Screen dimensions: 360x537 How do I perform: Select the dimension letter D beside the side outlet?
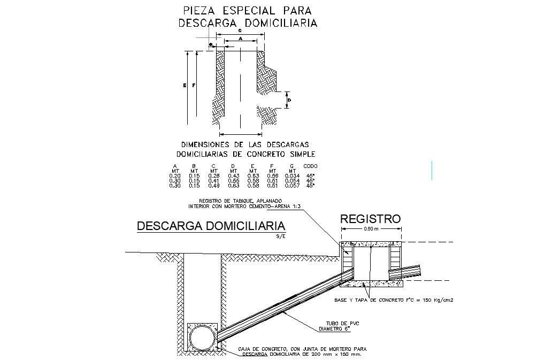pyautogui.click(x=289, y=100)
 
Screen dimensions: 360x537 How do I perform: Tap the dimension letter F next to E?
pyautogui.click(x=194, y=86)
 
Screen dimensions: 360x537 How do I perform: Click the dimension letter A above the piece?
pyautogui.click(x=241, y=39)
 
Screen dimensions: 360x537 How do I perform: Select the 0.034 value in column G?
pyautogui.click(x=291, y=176)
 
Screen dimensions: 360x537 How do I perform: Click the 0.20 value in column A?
pyautogui.click(x=174, y=176)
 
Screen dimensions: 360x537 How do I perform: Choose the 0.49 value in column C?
pyautogui.click(x=213, y=186)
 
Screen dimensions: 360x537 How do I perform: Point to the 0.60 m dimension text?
pyautogui.click(x=371, y=229)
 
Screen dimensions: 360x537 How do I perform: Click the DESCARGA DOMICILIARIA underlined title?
pyautogui.click(x=211, y=226)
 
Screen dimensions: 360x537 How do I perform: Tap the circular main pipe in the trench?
pyautogui.click(x=202, y=338)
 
